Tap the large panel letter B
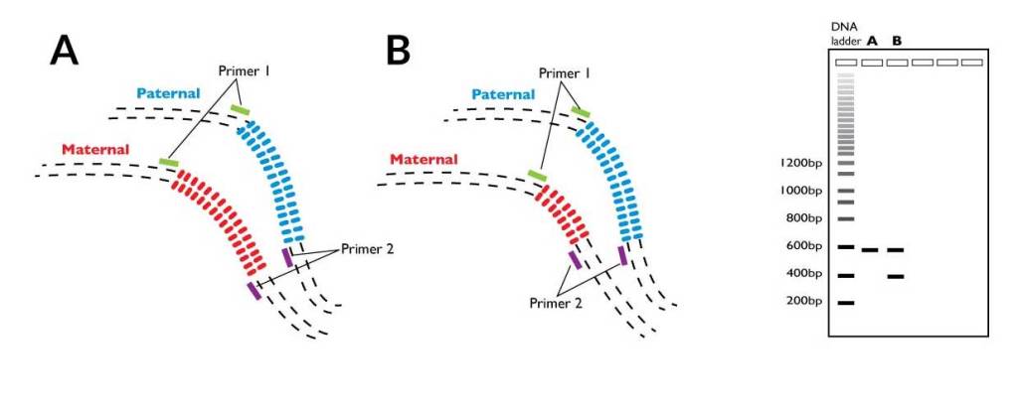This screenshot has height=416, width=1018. pos(398,51)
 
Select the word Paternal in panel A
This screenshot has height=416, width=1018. pos(169,92)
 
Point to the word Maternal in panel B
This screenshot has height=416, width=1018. pos(424,159)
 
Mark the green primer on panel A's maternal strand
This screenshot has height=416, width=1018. pos(168,162)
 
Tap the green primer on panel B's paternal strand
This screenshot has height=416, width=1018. pos(580,113)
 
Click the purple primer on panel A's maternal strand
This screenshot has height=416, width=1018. pos(255,291)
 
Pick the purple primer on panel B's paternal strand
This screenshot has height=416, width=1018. pos(622,255)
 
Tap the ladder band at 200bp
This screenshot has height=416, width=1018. pos(846,303)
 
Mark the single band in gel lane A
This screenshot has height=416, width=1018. pos(871,250)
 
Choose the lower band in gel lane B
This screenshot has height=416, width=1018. pos(896,276)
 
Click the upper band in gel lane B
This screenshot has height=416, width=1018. pos(896,250)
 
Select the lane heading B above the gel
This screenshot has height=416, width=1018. pos(897,41)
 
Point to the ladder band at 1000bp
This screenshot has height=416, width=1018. pos(846,191)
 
